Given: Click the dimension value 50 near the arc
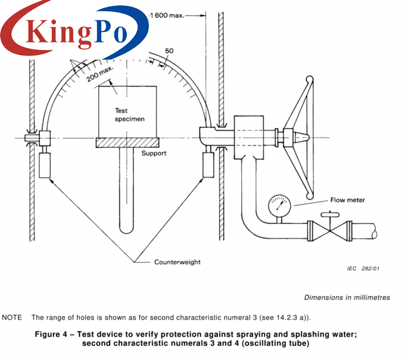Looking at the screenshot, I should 169,52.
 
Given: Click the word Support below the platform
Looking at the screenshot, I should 154,153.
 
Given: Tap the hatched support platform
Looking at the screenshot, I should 127,142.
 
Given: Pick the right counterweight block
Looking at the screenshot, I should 209,164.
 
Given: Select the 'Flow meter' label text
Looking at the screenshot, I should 348,200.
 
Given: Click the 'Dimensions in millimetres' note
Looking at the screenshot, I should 347,297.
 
